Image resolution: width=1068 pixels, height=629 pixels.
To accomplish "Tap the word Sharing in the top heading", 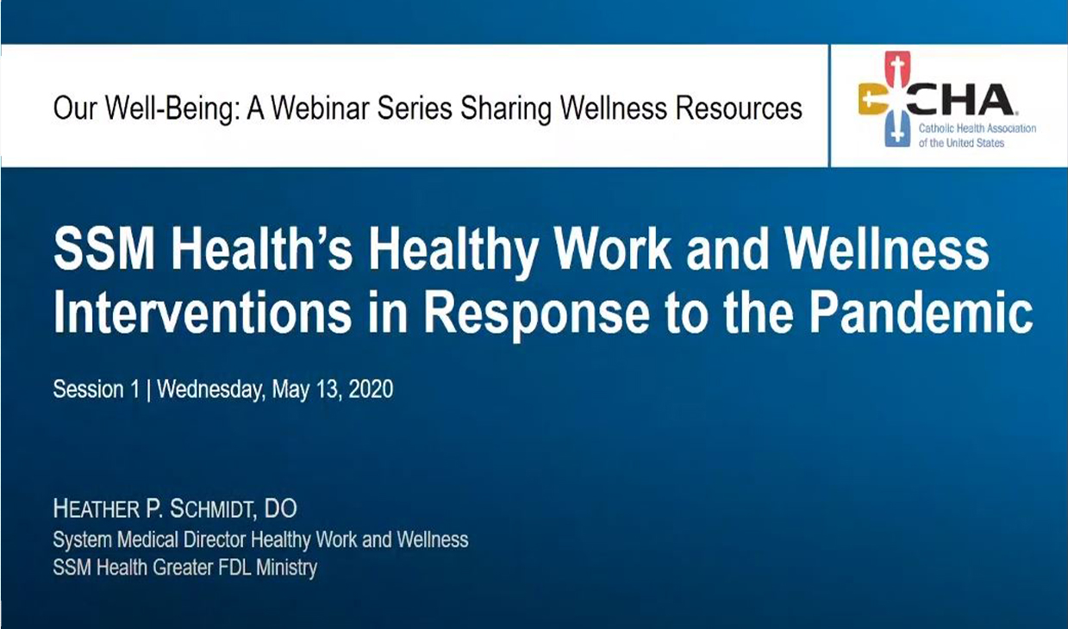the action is tap(505, 109).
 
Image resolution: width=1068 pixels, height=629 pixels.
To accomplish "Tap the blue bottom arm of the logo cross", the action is tap(897, 129).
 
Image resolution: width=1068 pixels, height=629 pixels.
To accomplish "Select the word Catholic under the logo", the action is tap(936, 128).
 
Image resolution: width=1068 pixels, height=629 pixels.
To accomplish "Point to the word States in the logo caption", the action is tap(990, 143).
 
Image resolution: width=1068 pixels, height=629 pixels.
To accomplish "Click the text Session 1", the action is tap(96, 389).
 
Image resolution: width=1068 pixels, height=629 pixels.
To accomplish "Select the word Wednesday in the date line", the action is tap(210, 390).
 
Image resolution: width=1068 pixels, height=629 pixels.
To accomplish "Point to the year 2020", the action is tap(371, 389).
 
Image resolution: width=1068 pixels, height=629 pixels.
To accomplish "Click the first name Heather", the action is tap(97, 508).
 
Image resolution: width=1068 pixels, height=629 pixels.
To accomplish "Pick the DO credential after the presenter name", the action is tap(280, 508).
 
